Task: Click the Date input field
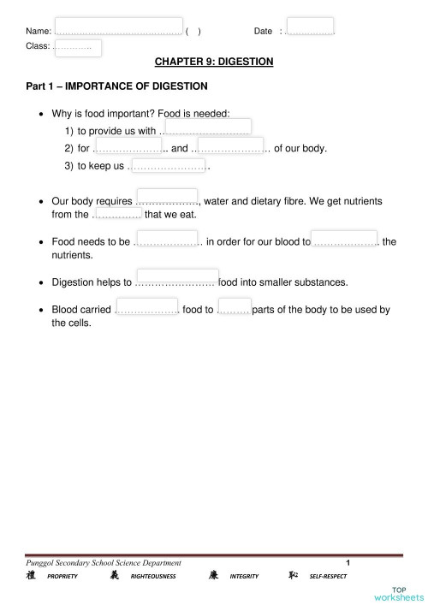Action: [x=310, y=27]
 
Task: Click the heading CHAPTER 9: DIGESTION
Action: [x=214, y=62]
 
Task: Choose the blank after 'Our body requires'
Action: [x=167, y=197]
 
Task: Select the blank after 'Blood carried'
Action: [x=146, y=306]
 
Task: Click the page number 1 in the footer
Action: [x=348, y=562]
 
